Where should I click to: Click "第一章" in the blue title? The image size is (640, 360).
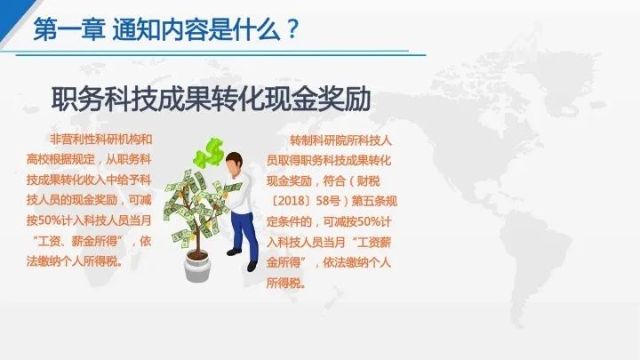click(x=68, y=29)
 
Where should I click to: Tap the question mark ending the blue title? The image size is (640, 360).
click(x=292, y=29)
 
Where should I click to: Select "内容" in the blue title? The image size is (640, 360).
click(x=185, y=29)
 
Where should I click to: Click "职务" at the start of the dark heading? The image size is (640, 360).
click(x=77, y=99)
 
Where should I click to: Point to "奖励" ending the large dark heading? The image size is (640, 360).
click(x=345, y=99)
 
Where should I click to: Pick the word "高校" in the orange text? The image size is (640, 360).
click(x=38, y=159)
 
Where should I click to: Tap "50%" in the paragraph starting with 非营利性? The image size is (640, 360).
click(x=50, y=220)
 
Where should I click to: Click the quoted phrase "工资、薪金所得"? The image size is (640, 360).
click(x=77, y=241)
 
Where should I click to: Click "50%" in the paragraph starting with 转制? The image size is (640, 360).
click(x=369, y=221)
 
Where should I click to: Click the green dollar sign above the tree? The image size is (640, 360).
click(x=210, y=153)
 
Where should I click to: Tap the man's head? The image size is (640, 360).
click(x=235, y=164)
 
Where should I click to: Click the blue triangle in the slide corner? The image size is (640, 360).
click(x=12, y=14)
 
